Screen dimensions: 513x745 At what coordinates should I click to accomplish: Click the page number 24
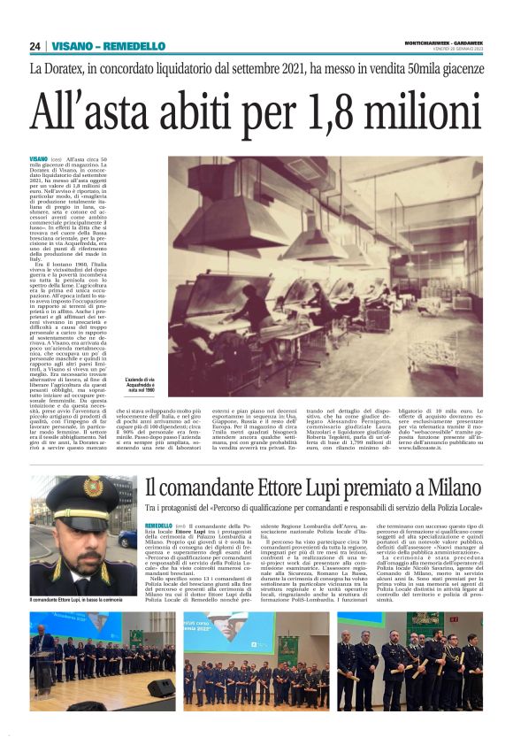[34, 46]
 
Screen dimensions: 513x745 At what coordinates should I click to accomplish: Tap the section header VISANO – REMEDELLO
[108, 46]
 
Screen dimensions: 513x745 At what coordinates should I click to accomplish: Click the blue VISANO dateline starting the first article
[39, 159]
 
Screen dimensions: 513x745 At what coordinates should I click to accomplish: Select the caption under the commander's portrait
[76, 600]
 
